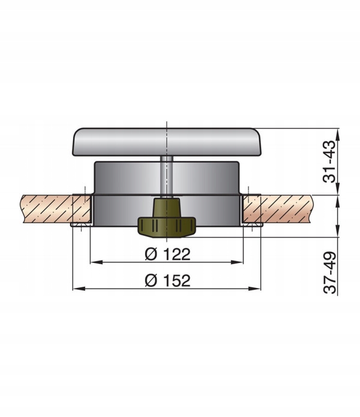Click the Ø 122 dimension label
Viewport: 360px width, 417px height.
[x=168, y=254]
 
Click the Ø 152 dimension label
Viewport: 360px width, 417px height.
[x=168, y=280]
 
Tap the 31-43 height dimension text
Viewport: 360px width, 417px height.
[x=329, y=161]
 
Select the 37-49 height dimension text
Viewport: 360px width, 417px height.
[x=329, y=272]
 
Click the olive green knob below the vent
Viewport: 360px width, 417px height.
[x=167, y=218]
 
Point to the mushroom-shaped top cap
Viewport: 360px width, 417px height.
[x=167, y=142]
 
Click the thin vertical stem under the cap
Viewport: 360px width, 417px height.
[x=167, y=176]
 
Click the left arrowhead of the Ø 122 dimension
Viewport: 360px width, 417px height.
[x=97, y=262]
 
